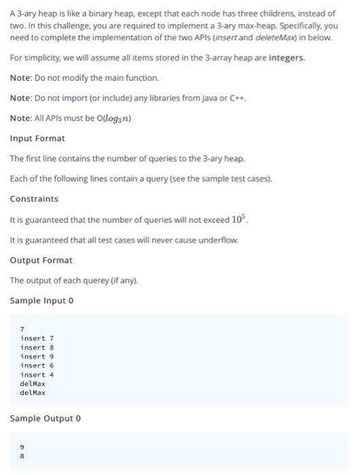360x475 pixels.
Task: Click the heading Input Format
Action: pos(38,138)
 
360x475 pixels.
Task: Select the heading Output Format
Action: pos(41,260)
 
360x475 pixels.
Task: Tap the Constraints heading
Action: pos(34,199)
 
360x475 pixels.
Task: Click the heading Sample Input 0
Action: pos(41,301)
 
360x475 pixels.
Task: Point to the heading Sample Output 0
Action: pos(46,418)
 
